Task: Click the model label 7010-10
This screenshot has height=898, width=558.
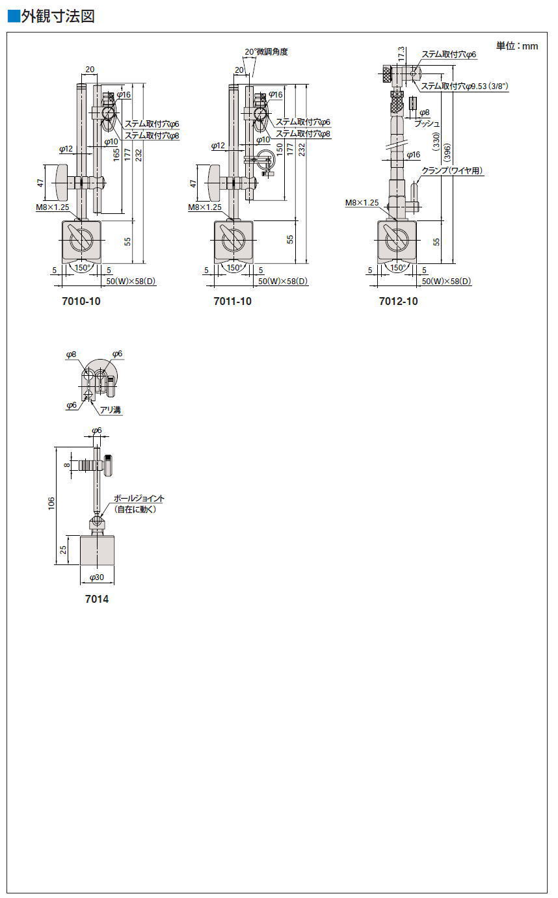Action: (81, 301)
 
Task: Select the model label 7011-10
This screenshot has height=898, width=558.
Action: (233, 301)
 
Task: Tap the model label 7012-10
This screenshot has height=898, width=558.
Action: (399, 301)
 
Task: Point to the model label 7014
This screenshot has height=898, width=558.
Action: (97, 599)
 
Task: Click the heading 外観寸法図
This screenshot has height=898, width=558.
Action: (58, 16)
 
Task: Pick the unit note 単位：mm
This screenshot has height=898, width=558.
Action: (517, 46)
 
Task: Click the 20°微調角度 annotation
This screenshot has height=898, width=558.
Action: (266, 52)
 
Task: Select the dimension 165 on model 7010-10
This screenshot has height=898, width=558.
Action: (116, 155)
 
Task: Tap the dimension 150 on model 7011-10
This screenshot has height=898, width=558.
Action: (280, 150)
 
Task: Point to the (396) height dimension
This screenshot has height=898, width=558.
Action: (447, 153)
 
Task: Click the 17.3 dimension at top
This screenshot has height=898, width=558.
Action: (401, 54)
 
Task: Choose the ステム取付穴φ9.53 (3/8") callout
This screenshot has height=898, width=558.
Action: (464, 86)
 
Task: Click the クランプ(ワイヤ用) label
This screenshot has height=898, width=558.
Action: (452, 171)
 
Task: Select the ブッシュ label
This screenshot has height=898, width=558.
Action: (427, 124)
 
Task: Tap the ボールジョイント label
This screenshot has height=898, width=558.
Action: (139, 498)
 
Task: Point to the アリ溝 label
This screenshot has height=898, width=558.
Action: (111, 410)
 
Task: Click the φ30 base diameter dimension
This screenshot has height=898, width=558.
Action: (97, 577)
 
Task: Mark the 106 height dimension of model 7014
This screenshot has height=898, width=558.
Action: (51, 503)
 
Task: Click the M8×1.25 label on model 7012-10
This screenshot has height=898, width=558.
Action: (362, 203)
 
